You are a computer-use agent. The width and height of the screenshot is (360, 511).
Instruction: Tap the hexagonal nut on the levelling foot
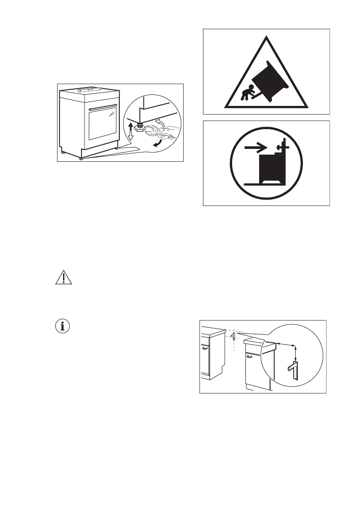(139, 128)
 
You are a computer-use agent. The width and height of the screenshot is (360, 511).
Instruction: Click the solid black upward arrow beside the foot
(129, 126)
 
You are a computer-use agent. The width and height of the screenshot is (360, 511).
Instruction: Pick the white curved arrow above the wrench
(160, 123)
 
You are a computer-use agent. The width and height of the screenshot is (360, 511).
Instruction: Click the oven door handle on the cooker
(103, 106)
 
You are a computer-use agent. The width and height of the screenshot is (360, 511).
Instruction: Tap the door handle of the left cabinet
(205, 348)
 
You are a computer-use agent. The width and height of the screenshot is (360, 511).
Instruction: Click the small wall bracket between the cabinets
(233, 336)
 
